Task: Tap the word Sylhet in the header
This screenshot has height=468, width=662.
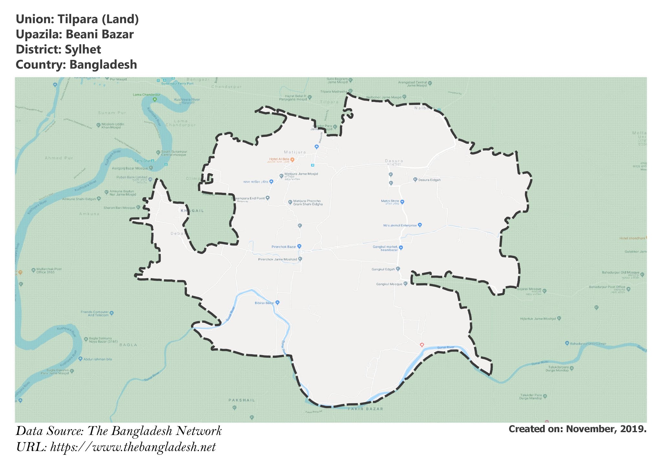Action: tap(83, 49)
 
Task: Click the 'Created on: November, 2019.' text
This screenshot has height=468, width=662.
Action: tap(577, 429)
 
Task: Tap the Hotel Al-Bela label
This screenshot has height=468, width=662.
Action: tap(280, 159)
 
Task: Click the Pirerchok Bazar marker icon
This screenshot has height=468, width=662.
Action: tap(299, 246)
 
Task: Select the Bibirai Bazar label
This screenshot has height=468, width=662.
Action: tap(264, 303)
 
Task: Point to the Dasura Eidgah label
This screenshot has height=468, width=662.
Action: tap(429, 180)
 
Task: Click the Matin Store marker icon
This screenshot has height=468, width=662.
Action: tap(402, 202)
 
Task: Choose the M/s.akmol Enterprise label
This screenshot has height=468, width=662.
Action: tap(400, 225)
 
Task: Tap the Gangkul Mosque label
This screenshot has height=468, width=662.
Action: tap(389, 284)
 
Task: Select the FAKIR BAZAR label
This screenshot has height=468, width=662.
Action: tap(365, 409)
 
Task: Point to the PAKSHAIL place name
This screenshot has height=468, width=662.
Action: tap(242, 400)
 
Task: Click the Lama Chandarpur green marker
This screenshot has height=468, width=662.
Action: tap(155, 99)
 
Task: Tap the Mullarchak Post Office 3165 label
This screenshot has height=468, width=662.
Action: tap(49, 271)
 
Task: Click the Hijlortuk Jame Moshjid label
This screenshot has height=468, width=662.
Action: tap(538, 319)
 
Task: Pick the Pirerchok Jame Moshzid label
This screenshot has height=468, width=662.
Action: tap(278, 259)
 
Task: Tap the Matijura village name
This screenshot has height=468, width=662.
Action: tap(295, 152)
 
